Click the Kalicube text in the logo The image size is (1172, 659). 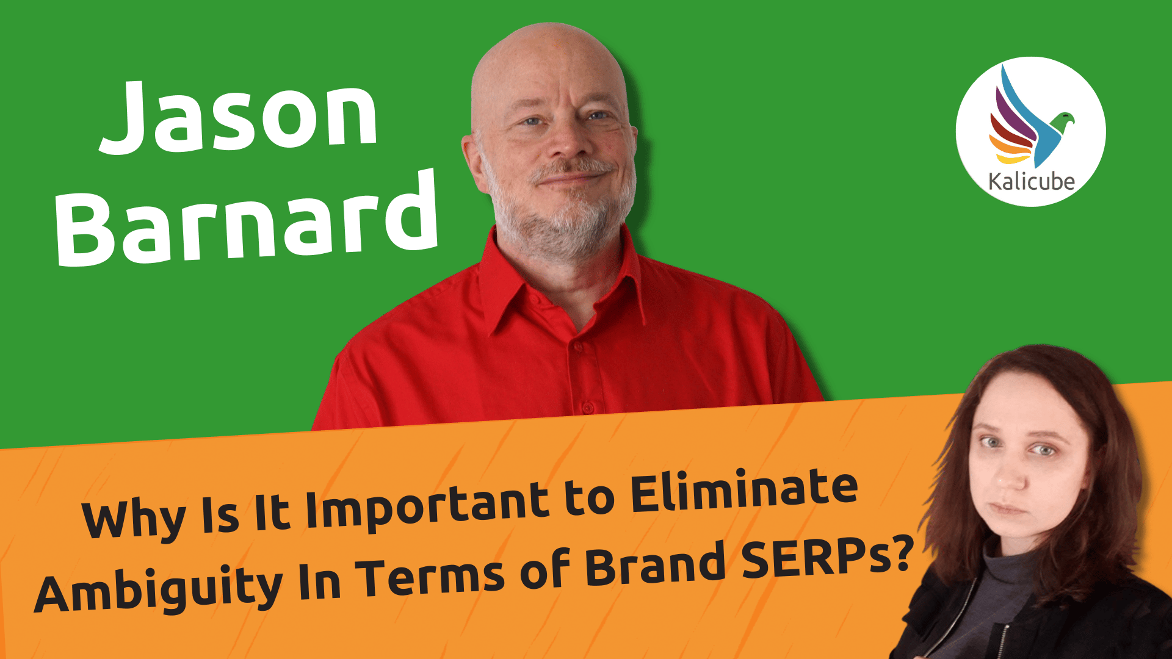[x=1031, y=182]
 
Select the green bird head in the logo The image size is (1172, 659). [x=1065, y=118]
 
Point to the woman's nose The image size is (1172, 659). [x=1013, y=476]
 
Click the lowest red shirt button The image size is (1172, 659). [x=587, y=406]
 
